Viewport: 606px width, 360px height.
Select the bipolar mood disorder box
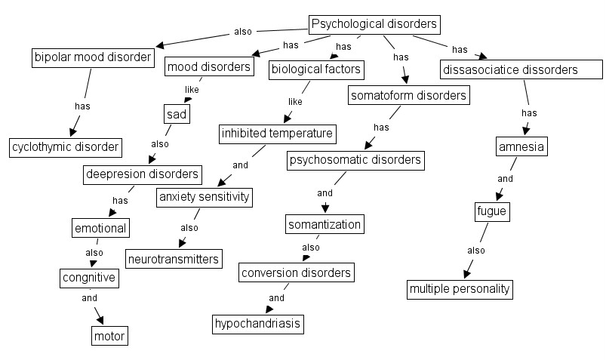click(x=93, y=57)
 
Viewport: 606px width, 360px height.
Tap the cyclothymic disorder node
click(x=66, y=146)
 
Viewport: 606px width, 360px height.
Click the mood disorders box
click(x=208, y=66)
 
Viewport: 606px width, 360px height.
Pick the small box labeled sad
click(x=176, y=114)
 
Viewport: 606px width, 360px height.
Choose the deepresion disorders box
click(x=142, y=174)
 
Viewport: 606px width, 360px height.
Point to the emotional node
click(x=100, y=226)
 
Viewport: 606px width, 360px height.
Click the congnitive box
click(x=89, y=278)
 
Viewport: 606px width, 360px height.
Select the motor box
click(x=109, y=334)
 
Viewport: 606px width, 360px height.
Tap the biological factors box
click(x=316, y=70)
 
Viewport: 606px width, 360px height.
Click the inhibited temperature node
click(x=276, y=134)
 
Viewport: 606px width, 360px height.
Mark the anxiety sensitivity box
click(x=203, y=197)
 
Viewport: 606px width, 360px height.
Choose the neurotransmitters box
click(x=174, y=259)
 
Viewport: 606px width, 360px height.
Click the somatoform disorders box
click(x=408, y=95)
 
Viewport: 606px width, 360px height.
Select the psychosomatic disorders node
click(x=355, y=160)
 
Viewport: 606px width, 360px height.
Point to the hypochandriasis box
click(x=257, y=324)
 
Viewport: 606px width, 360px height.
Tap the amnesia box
click(x=521, y=146)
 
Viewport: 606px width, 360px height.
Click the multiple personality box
click(x=460, y=288)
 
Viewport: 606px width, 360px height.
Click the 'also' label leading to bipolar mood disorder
click(x=242, y=32)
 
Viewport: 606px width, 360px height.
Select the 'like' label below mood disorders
click(x=192, y=89)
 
